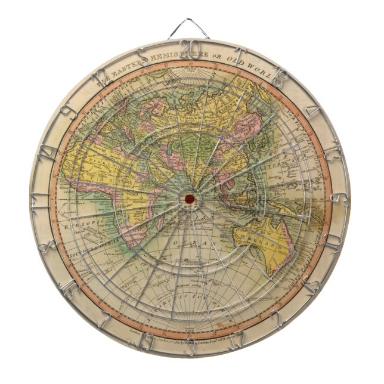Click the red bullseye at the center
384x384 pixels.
[190, 198]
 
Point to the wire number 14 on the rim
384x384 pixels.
[46, 151]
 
